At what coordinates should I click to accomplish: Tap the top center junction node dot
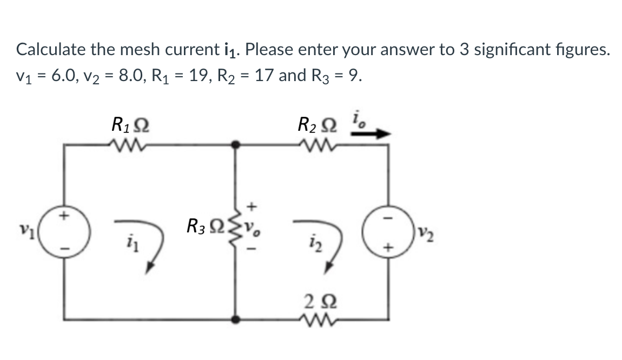pos(236,145)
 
